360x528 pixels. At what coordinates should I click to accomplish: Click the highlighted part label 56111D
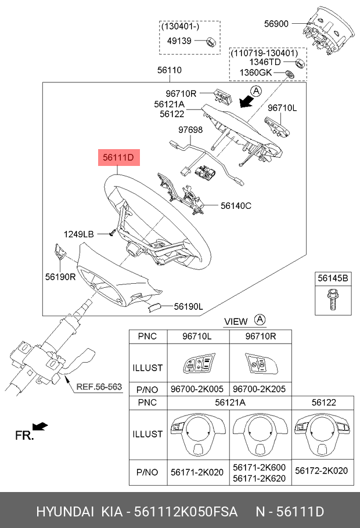(119, 157)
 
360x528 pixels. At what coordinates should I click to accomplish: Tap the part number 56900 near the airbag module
(276, 24)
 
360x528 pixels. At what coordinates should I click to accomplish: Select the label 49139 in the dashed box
(179, 41)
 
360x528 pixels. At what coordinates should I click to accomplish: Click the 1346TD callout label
(265, 62)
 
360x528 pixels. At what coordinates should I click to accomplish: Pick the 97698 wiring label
(190, 130)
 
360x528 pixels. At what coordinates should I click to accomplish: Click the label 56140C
(236, 205)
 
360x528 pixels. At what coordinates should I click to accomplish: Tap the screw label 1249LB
(78, 234)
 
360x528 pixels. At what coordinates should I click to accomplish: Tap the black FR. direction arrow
(40, 428)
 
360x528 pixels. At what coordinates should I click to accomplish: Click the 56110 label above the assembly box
(170, 70)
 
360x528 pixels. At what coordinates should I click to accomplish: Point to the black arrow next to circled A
(248, 101)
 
